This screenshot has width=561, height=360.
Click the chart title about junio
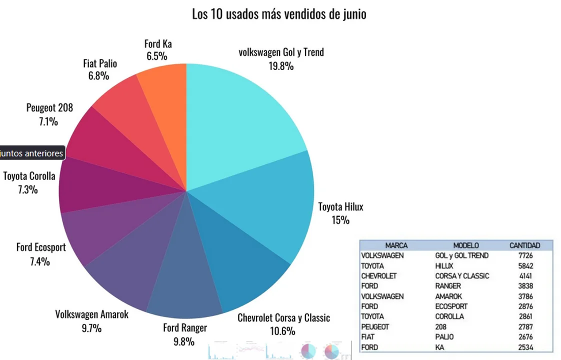click(x=279, y=14)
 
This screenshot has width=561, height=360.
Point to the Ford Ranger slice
click(x=185, y=280)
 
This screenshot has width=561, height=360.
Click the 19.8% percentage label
click(x=281, y=65)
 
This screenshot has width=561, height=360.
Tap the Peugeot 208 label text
click(x=49, y=107)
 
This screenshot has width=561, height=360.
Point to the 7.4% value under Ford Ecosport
click(x=40, y=260)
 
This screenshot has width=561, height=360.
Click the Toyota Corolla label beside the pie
click(x=29, y=176)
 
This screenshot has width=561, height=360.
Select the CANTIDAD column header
click(x=524, y=245)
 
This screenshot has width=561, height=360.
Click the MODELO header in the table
click(x=465, y=245)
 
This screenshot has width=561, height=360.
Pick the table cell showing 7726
click(x=525, y=255)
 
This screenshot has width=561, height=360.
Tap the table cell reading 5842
click(x=525, y=266)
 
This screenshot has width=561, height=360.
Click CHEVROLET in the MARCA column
click(x=378, y=276)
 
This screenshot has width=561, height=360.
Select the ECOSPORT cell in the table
click(x=451, y=306)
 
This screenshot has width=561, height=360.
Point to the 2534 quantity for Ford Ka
click(x=525, y=347)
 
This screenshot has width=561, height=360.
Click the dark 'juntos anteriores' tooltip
click(x=32, y=153)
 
